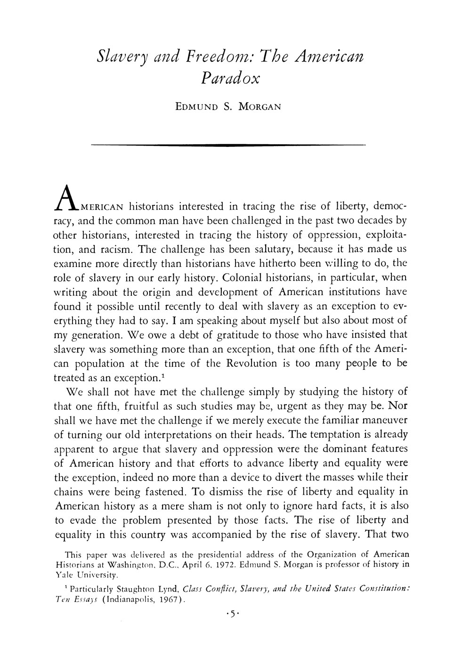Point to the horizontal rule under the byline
pyautogui.click(x=228, y=145)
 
